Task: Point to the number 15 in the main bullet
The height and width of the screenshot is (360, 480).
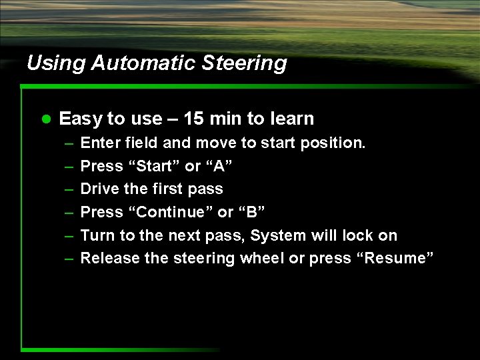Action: (x=193, y=119)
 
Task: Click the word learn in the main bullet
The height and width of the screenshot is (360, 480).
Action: (x=291, y=119)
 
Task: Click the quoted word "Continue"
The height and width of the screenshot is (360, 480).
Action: (x=165, y=212)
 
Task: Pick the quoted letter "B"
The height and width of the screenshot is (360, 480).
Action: (x=254, y=212)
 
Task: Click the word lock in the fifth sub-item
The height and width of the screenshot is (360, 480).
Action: (x=357, y=235)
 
